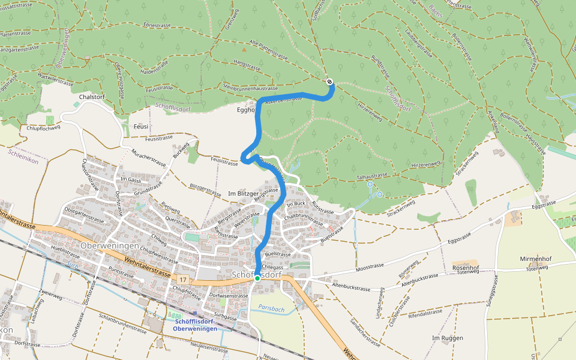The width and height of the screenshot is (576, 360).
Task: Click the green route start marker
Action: coord(257,278)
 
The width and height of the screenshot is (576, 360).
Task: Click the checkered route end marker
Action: coord(329,82)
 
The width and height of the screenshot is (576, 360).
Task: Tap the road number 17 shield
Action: coord(182,280)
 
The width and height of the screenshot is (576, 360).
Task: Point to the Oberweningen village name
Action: coord(110,246)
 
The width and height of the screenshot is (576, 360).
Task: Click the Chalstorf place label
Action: coord(92,97)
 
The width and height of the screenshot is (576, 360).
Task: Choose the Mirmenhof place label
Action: coord(535,259)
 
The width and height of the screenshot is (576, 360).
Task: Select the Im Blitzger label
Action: coord(243,194)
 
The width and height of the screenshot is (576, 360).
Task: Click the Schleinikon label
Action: coord(23,153)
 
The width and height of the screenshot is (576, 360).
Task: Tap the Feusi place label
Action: coord(141,127)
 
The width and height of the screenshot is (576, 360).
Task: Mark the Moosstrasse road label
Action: coord(370,266)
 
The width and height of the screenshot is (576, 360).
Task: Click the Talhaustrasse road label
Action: coord(373,176)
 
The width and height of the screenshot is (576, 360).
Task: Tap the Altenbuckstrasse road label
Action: coord(352,288)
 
